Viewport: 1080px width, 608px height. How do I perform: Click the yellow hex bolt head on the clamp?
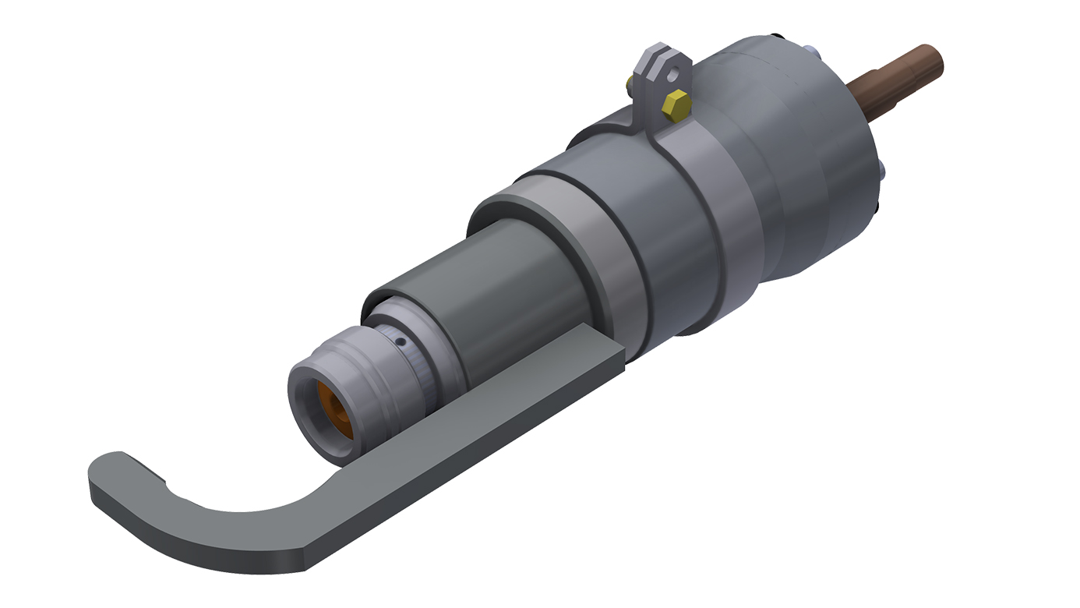coord(676,104)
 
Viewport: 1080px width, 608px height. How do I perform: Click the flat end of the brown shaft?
coord(935,61)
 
